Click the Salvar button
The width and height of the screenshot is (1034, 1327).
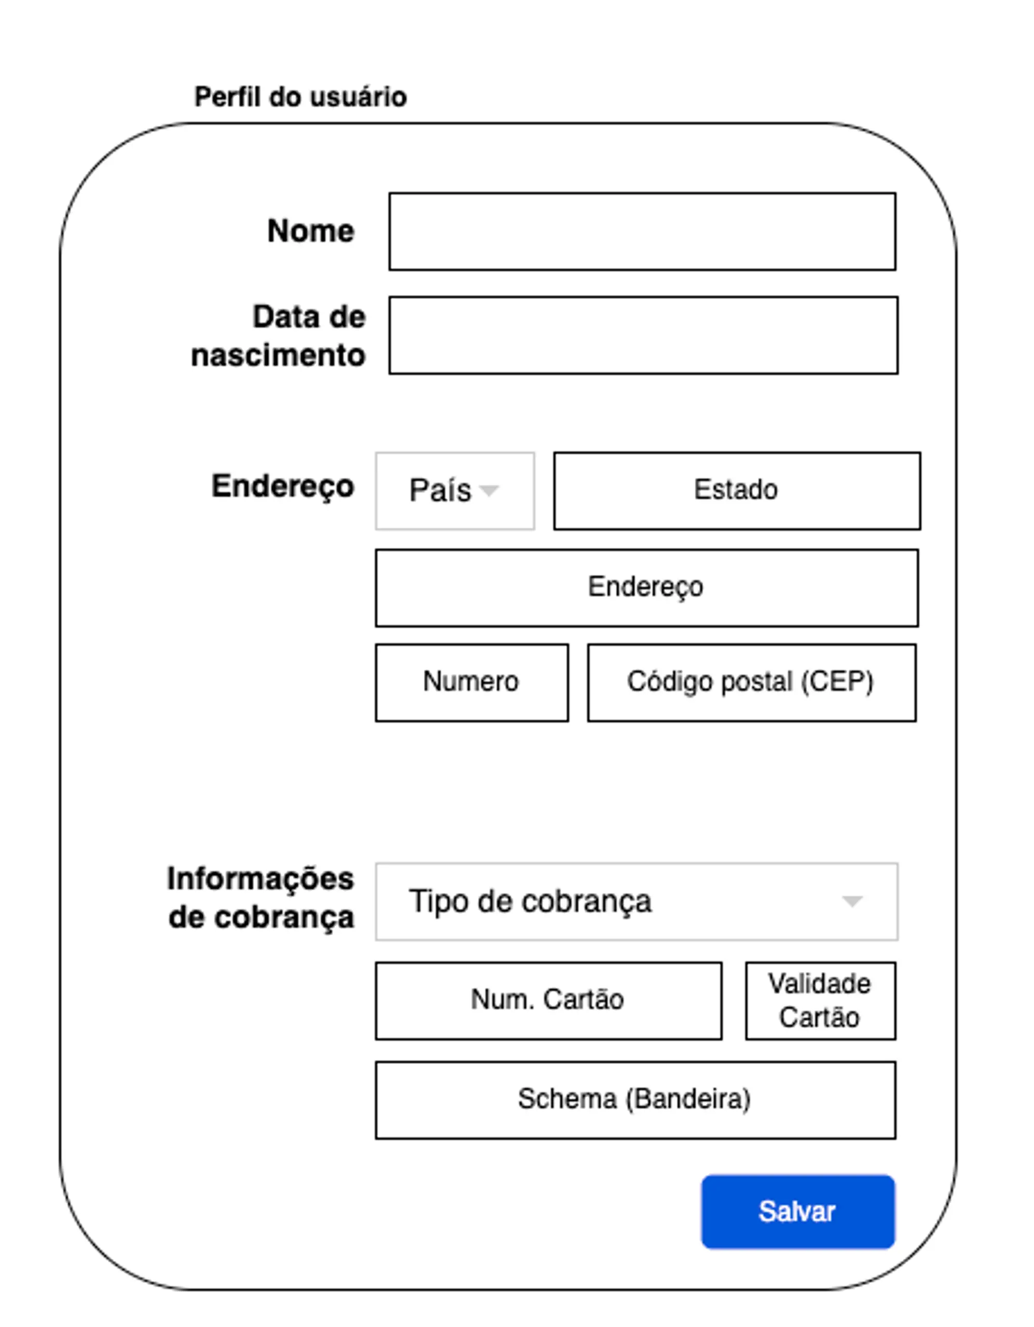click(x=798, y=1212)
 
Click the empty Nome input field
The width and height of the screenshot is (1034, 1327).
click(x=642, y=232)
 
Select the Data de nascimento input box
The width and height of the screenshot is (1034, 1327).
click(x=643, y=335)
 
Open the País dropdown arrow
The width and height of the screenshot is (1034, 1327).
click(x=490, y=490)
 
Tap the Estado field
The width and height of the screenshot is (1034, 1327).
click(x=737, y=491)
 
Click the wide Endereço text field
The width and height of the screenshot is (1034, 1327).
click(x=647, y=588)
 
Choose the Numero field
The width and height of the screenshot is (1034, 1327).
click(x=472, y=683)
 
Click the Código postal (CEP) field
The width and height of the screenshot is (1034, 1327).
click(x=751, y=683)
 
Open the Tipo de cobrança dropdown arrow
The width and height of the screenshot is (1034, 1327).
click(x=852, y=901)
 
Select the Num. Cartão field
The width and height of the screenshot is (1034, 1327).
click(x=549, y=1001)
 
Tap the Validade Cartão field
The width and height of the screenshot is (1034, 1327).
click(x=820, y=1001)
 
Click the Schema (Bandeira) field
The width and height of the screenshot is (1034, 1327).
click(x=635, y=1100)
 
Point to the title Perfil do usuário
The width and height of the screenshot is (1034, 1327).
click(x=300, y=97)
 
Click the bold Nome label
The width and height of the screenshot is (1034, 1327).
click(x=311, y=231)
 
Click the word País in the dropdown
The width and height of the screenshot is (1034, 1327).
click(x=440, y=490)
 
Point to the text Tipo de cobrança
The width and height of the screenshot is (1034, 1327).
click(x=530, y=901)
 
